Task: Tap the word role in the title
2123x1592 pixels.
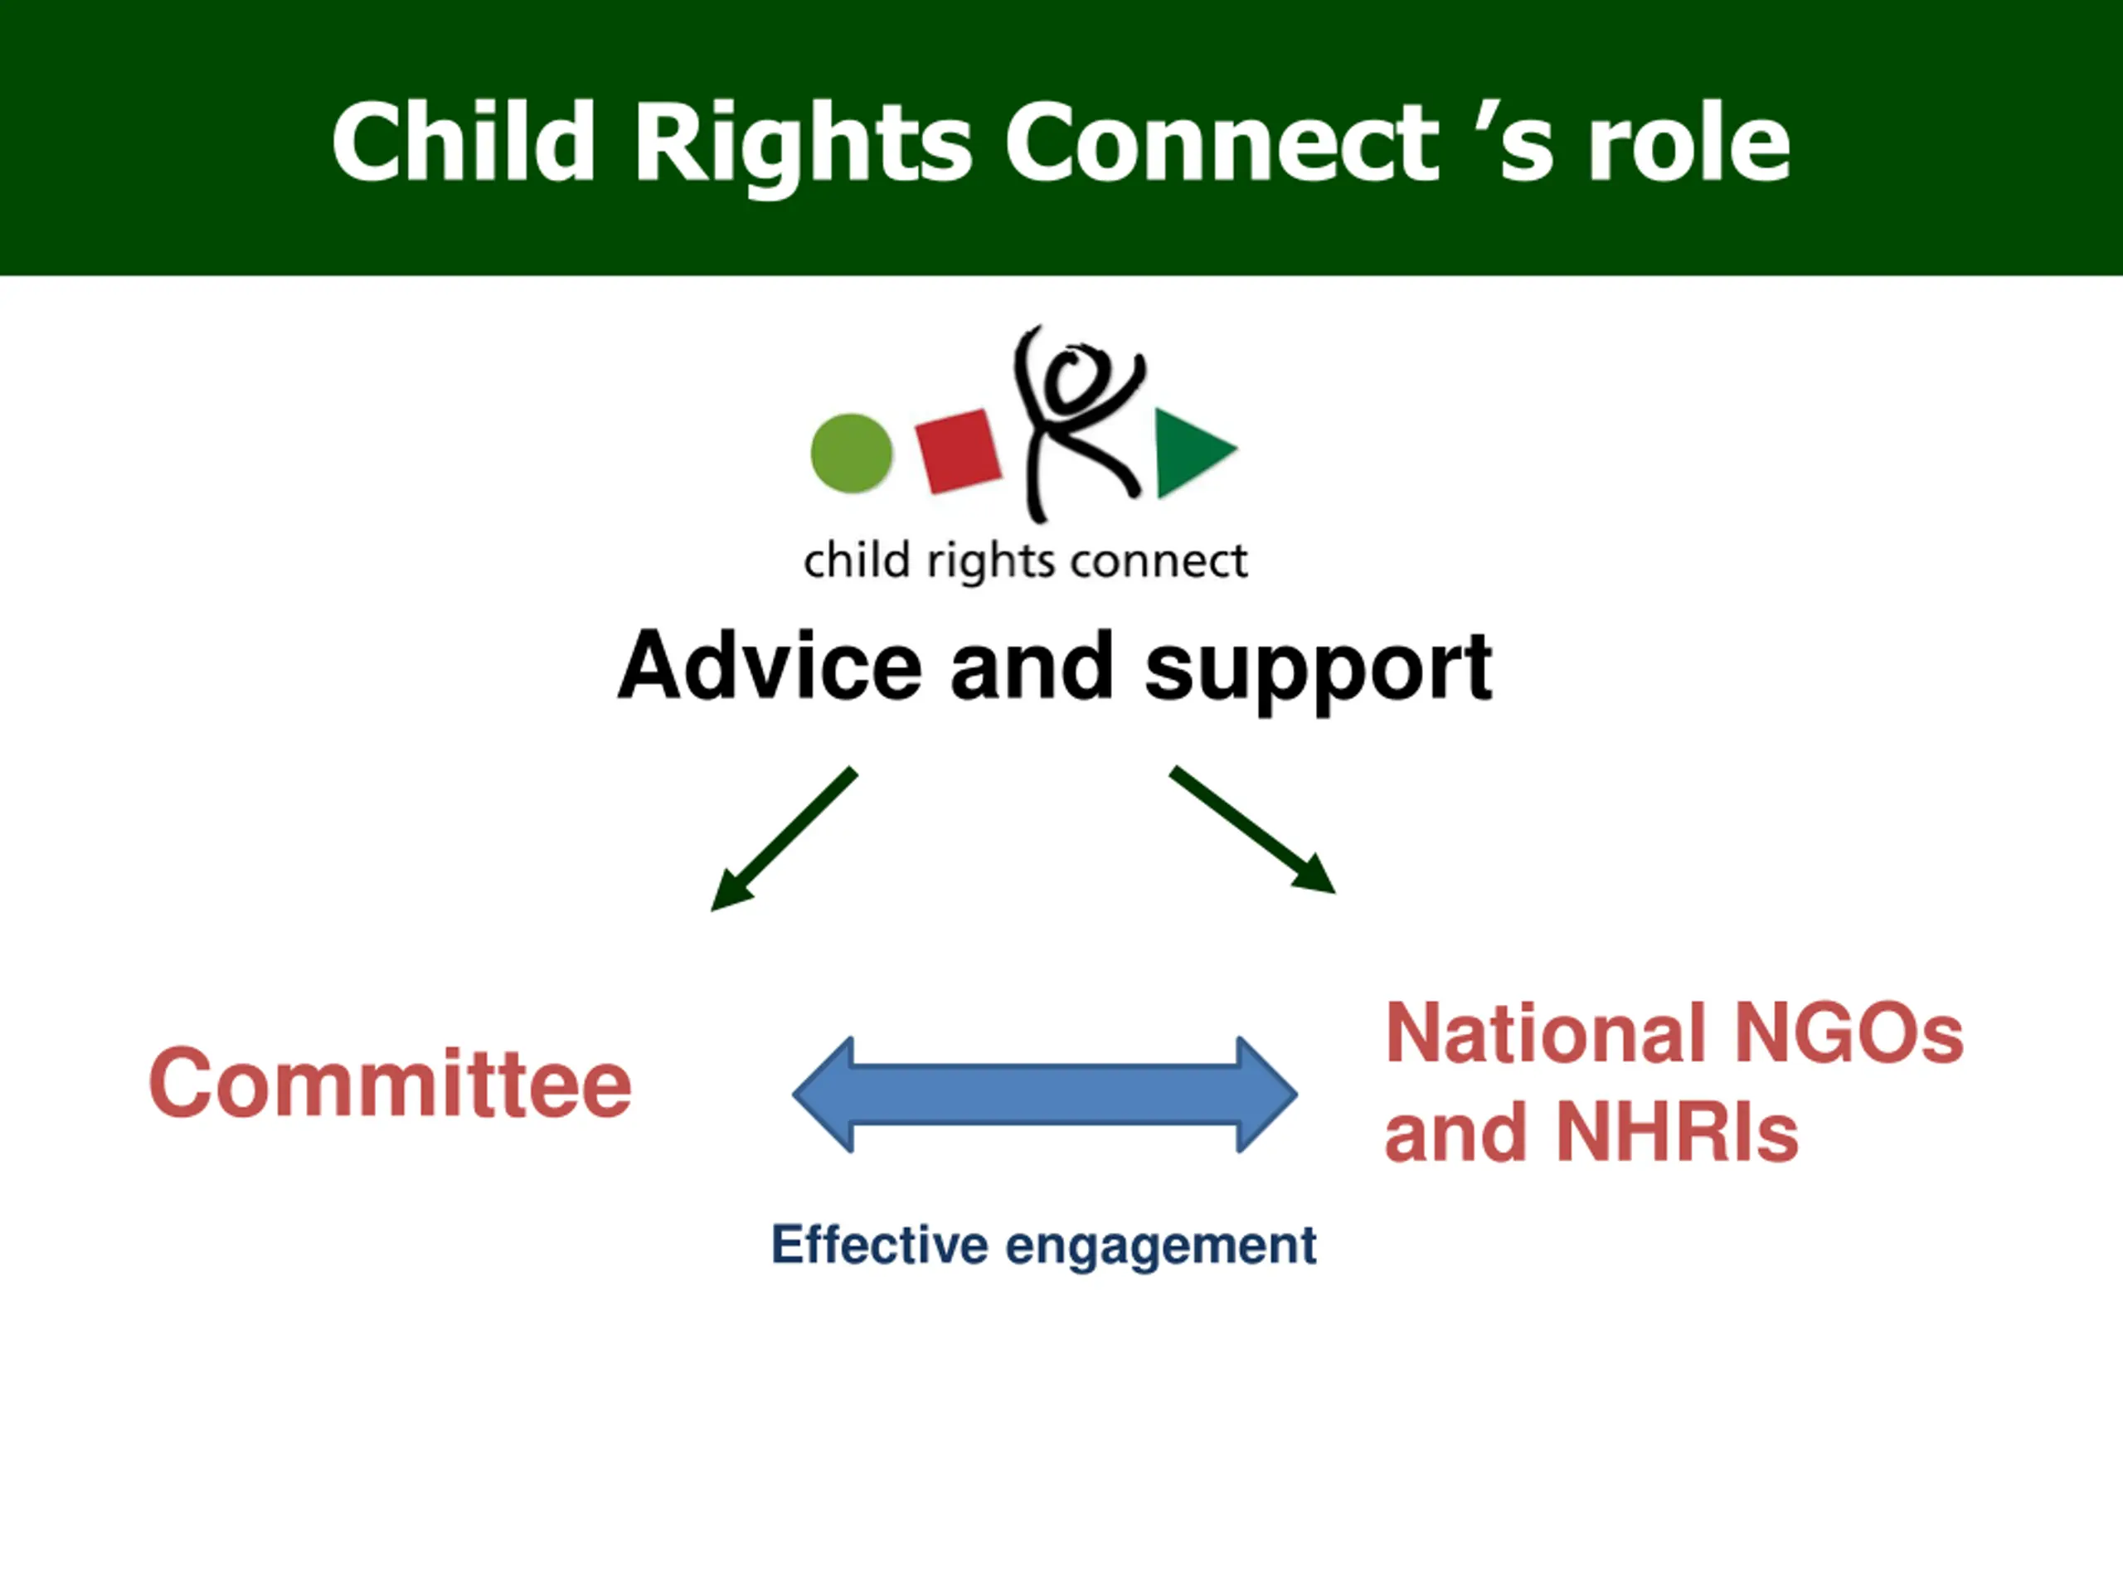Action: [1689, 144]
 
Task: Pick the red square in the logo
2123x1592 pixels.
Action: [958, 451]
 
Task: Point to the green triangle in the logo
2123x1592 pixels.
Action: [1190, 452]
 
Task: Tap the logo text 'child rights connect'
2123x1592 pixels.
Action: [1025, 561]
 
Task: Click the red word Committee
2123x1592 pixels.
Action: [391, 1085]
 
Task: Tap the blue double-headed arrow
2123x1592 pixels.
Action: [1044, 1094]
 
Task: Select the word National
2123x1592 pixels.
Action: [1545, 1035]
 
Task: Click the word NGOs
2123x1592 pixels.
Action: [1849, 1035]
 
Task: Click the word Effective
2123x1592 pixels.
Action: [879, 1245]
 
